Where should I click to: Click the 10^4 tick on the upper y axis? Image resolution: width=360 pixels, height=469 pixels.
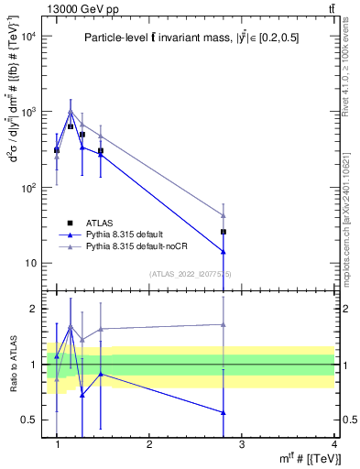tap(27, 36)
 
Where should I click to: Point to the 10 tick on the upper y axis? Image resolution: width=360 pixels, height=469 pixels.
tap(28, 264)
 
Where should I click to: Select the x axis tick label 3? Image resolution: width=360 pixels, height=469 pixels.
tap(241, 445)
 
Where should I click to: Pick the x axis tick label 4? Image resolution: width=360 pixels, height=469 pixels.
tap(333, 445)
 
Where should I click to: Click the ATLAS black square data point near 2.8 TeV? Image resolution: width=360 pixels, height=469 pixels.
tap(224, 232)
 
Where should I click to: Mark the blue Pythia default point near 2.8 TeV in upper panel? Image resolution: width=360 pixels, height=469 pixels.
tap(224, 251)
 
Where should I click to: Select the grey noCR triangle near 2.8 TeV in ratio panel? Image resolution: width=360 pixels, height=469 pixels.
tap(224, 324)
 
